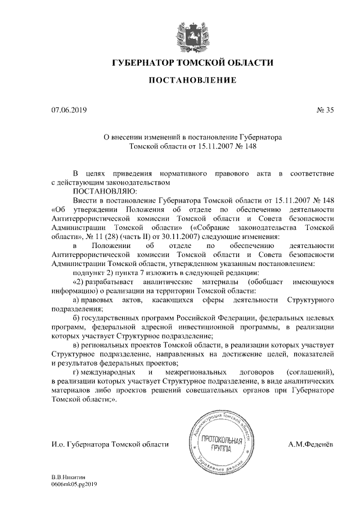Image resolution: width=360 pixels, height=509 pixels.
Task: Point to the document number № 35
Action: pos(325,111)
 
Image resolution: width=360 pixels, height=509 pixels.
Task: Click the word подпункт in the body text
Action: pos(92,273)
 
